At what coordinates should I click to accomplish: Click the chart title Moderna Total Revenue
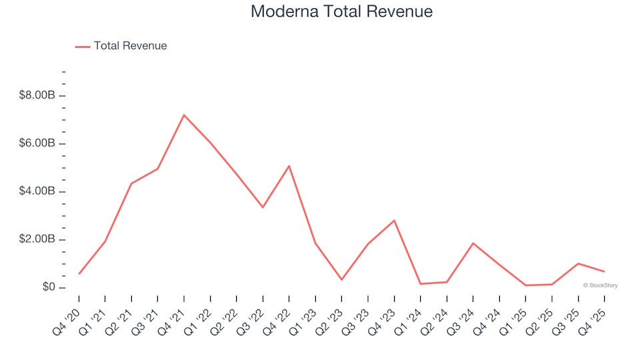coord(341,11)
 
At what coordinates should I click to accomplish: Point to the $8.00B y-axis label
coord(37,96)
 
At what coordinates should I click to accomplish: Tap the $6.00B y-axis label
coord(37,144)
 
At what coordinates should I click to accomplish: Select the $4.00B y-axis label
coord(37,192)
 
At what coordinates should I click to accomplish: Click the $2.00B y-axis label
coord(37,240)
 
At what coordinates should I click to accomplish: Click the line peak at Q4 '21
coord(184,115)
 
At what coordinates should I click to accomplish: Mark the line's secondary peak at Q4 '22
coord(289,166)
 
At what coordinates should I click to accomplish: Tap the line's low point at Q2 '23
coord(341,279)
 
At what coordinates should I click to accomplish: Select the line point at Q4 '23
coord(394,221)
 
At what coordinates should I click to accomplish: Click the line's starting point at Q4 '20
coord(79,274)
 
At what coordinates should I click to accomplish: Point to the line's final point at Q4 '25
coord(604,271)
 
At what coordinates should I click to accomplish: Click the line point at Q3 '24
coord(473,243)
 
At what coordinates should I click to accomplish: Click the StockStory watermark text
coord(600,285)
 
